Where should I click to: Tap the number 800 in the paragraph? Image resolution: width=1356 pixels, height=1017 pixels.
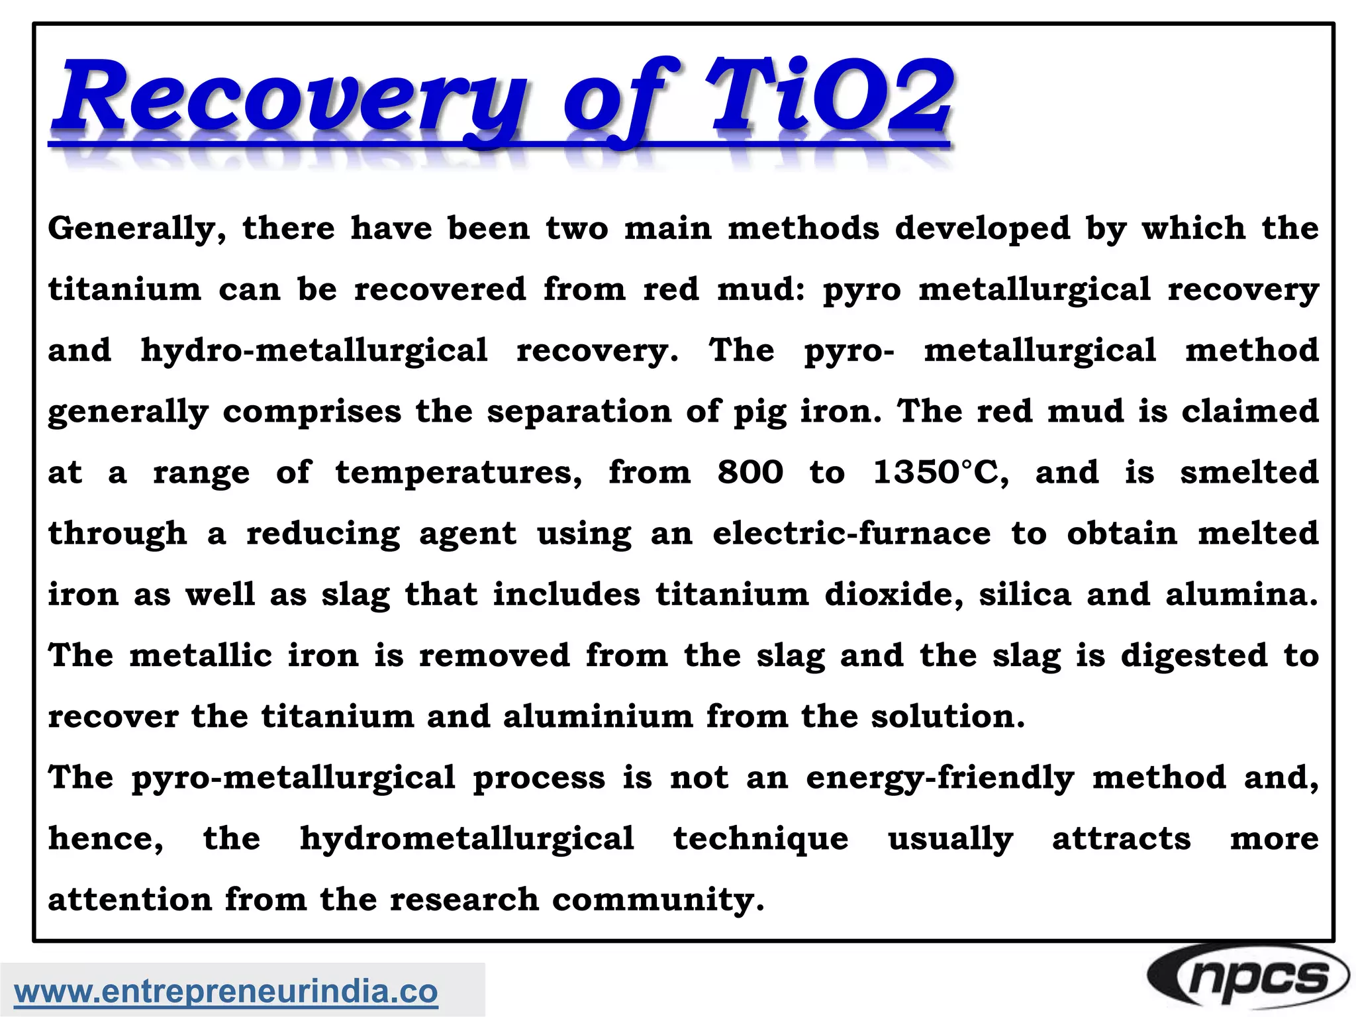tap(750, 473)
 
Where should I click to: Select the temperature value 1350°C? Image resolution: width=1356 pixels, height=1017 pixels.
tap(941, 473)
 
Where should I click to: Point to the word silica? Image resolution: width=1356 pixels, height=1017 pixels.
tap(1025, 595)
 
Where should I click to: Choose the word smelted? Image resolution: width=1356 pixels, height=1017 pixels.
tap(1249, 473)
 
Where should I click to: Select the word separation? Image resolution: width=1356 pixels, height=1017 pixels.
tap(579, 412)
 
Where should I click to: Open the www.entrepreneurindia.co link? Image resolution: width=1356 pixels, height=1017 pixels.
tap(226, 991)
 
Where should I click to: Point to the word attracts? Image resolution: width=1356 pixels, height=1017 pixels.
tap(1122, 839)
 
